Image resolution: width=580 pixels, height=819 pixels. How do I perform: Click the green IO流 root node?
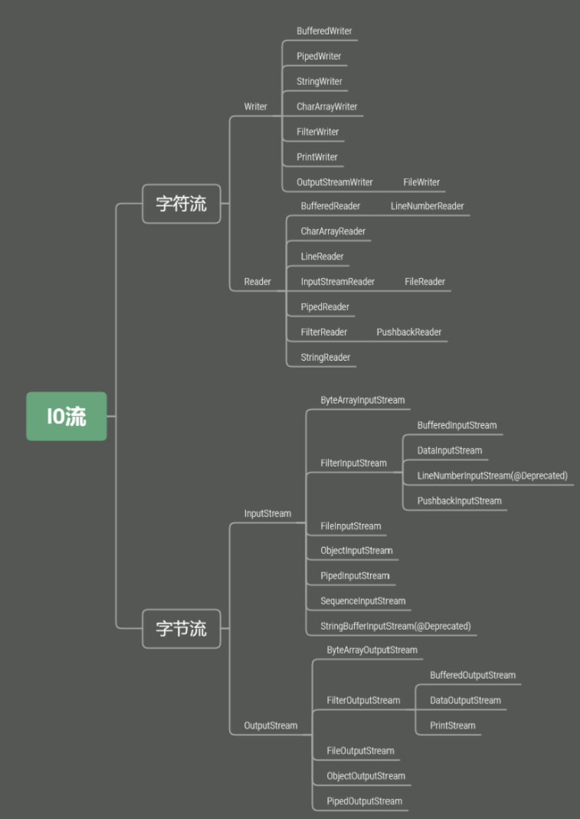[67, 416]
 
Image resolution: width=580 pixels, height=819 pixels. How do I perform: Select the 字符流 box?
[182, 204]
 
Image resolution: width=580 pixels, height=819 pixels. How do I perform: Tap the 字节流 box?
[182, 629]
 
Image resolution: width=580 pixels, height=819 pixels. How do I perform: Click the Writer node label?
[256, 106]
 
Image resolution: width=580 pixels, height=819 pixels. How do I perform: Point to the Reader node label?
[257, 282]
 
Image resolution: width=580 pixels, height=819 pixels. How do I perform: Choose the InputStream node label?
[267, 513]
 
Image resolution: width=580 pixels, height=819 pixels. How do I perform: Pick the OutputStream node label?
[270, 726]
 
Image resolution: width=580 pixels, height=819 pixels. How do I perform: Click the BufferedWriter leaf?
[324, 31]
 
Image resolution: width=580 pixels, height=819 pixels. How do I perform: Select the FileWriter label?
[421, 182]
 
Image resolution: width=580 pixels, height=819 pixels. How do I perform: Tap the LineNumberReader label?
[427, 206]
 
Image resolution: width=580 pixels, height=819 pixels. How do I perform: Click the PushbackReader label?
[409, 333]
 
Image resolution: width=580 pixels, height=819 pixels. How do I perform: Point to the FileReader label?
[424, 282]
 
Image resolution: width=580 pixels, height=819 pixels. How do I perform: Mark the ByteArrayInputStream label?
[362, 400]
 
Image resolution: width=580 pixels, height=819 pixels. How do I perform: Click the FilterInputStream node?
[353, 463]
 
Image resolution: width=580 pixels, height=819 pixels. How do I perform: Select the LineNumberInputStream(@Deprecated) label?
[492, 476]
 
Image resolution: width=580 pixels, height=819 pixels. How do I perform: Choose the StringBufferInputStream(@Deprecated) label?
[395, 626]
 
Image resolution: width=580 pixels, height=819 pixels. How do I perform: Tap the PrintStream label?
[452, 726]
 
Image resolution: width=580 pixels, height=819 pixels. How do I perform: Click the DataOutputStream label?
[465, 700]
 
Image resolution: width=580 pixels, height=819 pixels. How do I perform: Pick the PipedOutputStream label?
[364, 801]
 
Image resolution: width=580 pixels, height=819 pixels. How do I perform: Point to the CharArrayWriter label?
[327, 106]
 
